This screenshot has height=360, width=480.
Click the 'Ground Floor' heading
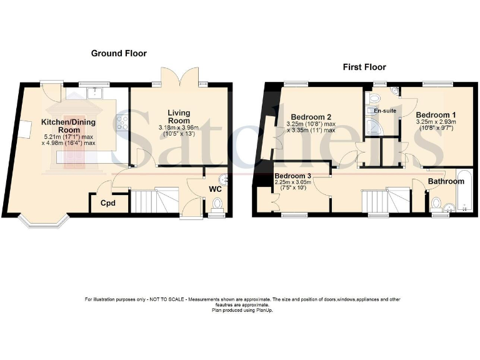click(119, 53)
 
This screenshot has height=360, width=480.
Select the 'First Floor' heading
click(364, 67)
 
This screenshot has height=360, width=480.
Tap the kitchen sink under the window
click(95, 93)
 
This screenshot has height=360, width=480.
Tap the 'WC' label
click(214, 189)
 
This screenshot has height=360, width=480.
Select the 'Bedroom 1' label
click(436, 115)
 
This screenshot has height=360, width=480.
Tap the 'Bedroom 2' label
click(311, 116)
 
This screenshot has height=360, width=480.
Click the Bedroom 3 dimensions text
click(292, 185)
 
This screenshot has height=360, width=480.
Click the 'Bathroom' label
click(446, 181)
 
